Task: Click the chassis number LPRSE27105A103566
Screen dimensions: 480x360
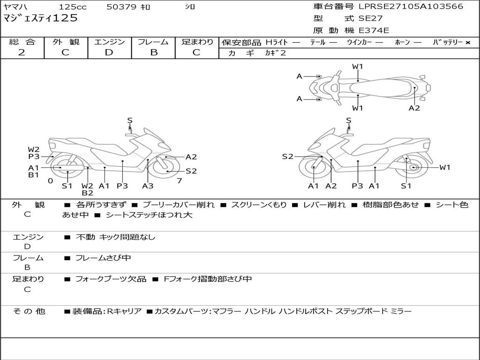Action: click(x=411, y=7)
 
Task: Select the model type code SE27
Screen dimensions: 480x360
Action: click(x=370, y=18)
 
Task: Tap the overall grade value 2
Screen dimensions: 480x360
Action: click(x=22, y=52)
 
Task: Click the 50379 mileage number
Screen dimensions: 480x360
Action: click(x=121, y=7)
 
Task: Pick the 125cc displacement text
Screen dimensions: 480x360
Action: click(x=73, y=7)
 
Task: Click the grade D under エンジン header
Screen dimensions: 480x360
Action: click(x=109, y=52)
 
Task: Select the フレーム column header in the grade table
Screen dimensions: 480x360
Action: click(x=153, y=42)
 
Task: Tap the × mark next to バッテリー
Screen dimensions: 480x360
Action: click(x=468, y=43)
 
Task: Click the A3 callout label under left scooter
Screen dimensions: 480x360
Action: click(x=148, y=186)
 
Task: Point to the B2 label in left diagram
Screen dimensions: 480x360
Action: click(x=87, y=193)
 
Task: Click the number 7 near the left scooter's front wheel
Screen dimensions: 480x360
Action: click(x=180, y=181)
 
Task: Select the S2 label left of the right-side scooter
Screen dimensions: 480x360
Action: click(x=287, y=157)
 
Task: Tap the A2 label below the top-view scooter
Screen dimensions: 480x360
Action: click(x=414, y=108)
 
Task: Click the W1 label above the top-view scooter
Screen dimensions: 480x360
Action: click(x=357, y=67)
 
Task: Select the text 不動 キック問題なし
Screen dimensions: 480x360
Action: click(x=115, y=237)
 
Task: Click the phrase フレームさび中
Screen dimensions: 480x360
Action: click(x=103, y=258)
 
